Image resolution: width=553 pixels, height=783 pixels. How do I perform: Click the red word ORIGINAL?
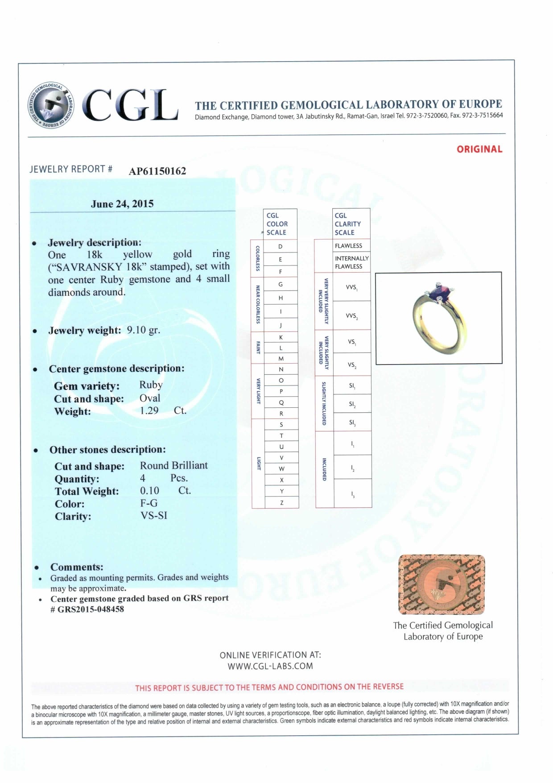(479, 149)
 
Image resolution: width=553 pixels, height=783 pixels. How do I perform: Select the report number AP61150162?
(157, 171)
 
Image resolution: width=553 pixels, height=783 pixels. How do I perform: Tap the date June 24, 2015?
(122, 204)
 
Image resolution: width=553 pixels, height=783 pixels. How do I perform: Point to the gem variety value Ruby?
(151, 385)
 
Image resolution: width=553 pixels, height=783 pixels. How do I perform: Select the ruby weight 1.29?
(149, 410)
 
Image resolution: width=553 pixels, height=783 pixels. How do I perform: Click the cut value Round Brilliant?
(174, 465)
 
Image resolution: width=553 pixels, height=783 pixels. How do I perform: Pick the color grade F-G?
(149, 503)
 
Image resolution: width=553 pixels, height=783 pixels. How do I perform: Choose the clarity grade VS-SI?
(154, 515)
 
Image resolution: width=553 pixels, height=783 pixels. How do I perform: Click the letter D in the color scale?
(281, 246)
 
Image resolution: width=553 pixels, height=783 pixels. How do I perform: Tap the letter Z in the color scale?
(281, 503)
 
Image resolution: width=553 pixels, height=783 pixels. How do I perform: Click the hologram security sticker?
(442, 584)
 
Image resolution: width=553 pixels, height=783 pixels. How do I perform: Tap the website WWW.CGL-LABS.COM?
(270, 666)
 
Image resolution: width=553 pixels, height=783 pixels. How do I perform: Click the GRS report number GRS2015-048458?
(91, 609)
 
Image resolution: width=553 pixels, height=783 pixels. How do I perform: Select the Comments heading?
(77, 567)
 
